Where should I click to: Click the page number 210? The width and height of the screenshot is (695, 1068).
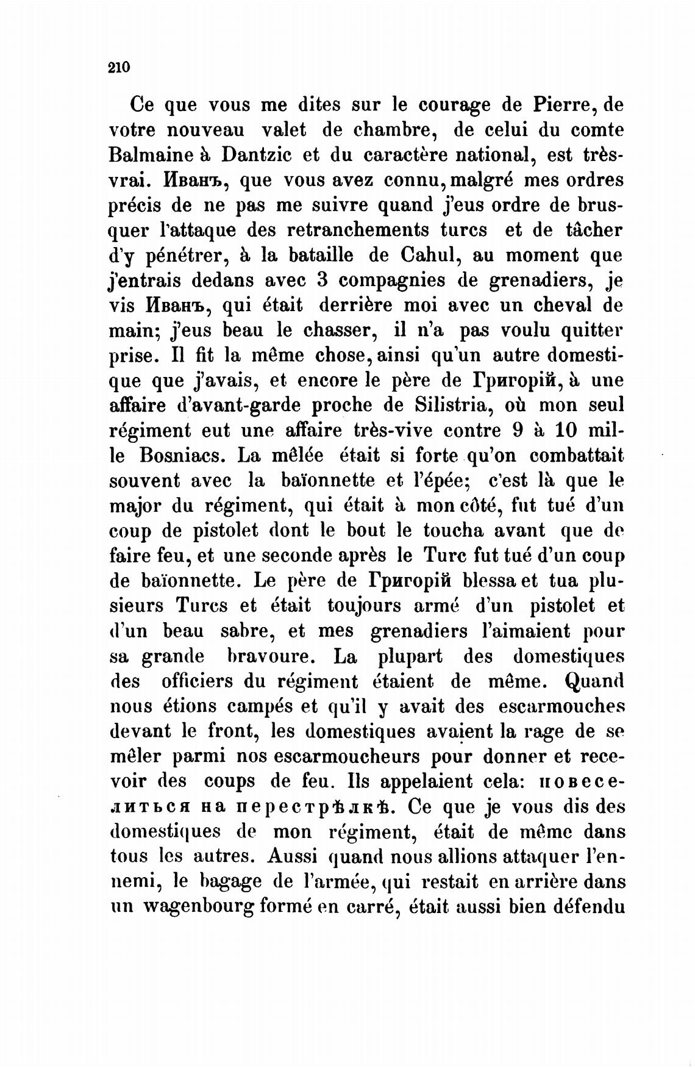[x=119, y=68]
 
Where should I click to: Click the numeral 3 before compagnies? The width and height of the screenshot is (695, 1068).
[x=323, y=281]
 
